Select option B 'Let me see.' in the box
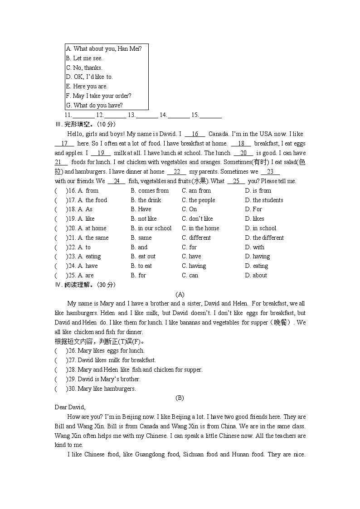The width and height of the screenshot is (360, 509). [x=84, y=58]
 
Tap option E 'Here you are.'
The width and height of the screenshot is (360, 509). [x=87, y=86]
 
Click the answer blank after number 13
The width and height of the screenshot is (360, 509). [x=147, y=116]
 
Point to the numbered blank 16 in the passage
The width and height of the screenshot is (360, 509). [x=195, y=134]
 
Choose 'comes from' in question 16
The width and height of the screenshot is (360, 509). [x=150, y=191]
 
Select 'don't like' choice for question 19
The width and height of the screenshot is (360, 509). [x=197, y=219]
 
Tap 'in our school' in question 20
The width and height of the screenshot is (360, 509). [x=151, y=228]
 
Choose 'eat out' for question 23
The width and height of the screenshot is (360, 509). [x=143, y=257]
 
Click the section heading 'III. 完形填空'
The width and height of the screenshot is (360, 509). [x=85, y=125]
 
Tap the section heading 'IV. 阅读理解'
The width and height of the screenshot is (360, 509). [x=85, y=285]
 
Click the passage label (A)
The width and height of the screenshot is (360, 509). [x=180, y=294]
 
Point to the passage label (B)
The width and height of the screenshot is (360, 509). [x=180, y=398]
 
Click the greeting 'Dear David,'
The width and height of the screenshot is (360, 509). [x=70, y=407]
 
